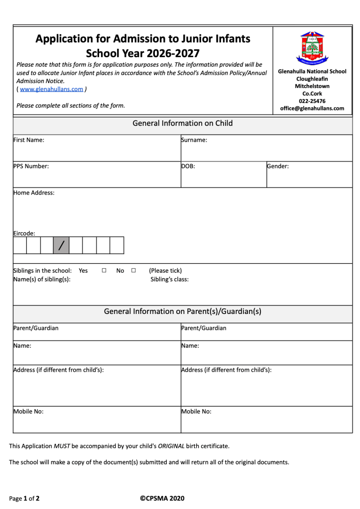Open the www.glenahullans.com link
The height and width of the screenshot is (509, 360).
[51, 89]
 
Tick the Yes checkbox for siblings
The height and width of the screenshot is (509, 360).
[104, 271]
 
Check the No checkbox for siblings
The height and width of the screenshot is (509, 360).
[133, 271]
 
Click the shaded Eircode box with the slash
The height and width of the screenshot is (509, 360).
[62, 245]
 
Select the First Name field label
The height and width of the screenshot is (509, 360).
[29, 140]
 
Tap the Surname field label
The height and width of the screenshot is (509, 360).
[194, 140]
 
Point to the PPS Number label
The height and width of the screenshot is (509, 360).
[31, 166]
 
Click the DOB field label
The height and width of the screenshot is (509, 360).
[188, 166]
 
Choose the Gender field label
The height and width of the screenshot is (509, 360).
[278, 166]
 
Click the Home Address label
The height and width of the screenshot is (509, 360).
[34, 193]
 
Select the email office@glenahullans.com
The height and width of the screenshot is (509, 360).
[312, 108]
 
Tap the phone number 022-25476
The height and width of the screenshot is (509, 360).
[312, 101]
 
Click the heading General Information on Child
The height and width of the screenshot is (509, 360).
[182, 123]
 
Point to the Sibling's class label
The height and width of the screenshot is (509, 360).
[169, 279]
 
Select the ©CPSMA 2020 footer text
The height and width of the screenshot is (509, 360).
[162, 498]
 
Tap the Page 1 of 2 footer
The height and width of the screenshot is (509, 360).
[24, 498]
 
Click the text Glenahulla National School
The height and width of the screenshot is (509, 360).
[312, 71]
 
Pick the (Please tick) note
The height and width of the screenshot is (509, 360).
[165, 271]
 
